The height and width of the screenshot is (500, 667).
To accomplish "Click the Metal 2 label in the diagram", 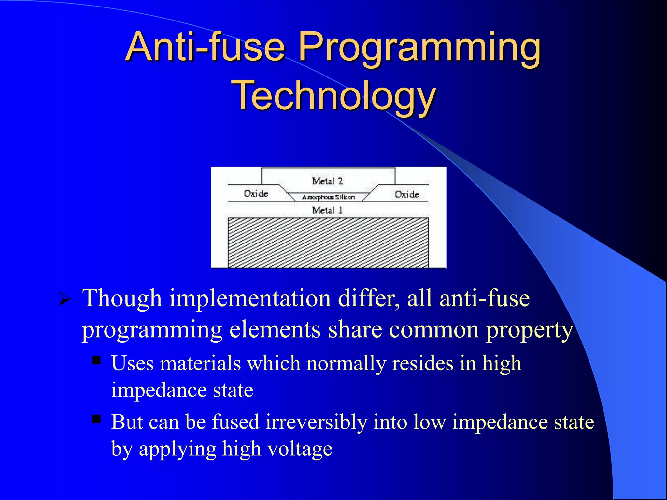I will click(x=327, y=181).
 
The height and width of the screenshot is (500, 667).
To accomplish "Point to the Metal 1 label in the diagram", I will click(x=327, y=210).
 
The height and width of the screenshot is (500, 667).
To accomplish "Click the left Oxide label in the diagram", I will click(x=256, y=194).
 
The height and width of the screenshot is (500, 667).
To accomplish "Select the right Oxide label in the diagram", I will click(x=407, y=194).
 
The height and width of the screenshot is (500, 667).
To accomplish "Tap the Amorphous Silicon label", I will click(x=328, y=197).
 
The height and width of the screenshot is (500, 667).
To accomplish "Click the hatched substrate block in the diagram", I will click(x=328, y=243).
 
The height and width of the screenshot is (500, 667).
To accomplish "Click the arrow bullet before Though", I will click(x=65, y=299).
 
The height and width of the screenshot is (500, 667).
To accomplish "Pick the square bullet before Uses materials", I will click(x=97, y=360).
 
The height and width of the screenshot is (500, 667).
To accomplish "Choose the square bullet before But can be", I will click(x=97, y=419).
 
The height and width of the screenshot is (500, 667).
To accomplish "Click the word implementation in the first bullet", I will click(x=250, y=299).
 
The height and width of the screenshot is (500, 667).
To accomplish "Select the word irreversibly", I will click(x=316, y=422).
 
